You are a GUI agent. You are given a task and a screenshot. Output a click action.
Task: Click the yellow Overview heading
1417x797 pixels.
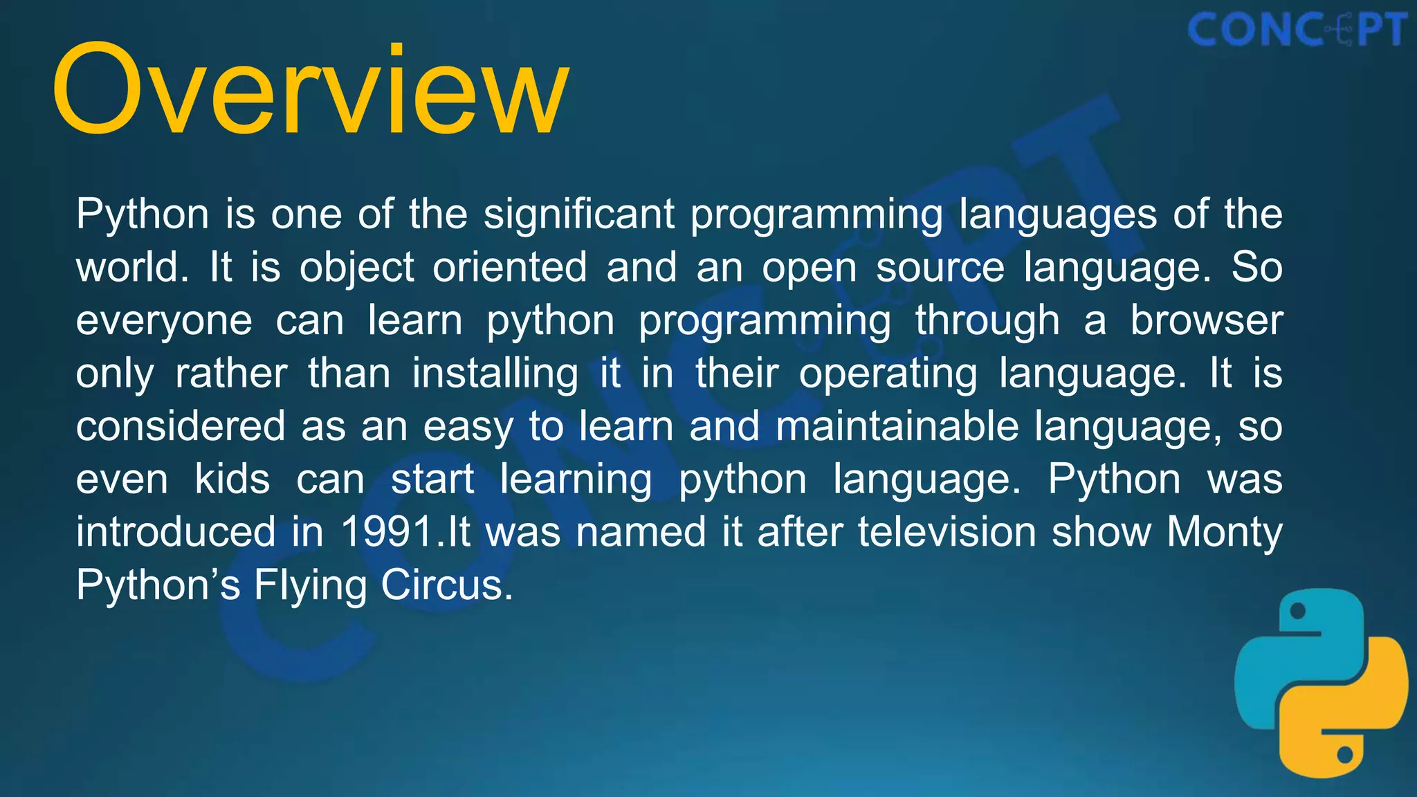click(310, 90)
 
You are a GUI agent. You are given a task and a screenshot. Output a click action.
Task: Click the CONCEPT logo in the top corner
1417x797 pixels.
click(1297, 30)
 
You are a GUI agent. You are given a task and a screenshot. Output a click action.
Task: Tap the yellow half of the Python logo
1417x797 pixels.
click(1349, 720)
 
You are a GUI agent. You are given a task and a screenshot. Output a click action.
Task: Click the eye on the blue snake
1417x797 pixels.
click(1298, 611)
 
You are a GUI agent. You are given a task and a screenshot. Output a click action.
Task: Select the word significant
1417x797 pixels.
click(578, 214)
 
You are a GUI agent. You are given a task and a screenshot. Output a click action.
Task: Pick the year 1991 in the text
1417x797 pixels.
click(387, 533)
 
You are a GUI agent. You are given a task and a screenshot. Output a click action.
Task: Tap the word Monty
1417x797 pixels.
click(1224, 533)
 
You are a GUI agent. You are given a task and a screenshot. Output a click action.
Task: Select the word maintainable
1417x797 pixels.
click(897, 426)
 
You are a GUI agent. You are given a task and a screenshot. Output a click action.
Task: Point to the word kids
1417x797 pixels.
click(232, 479)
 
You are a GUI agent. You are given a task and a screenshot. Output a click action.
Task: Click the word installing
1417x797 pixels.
click(495, 374)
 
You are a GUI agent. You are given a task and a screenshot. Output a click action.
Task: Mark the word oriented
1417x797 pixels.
click(509, 268)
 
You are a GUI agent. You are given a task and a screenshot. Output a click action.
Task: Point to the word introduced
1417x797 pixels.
click(176, 533)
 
